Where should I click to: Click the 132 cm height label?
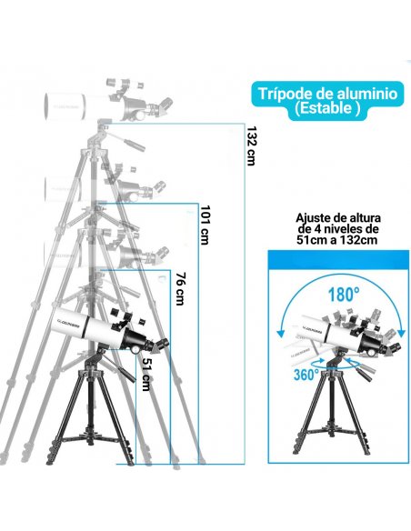(251, 145)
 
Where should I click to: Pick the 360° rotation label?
(305, 373)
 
